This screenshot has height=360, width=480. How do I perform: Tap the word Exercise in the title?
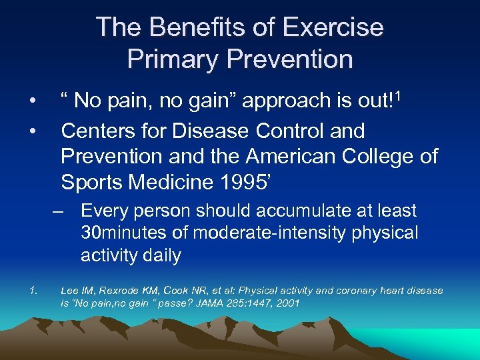[333, 27]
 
